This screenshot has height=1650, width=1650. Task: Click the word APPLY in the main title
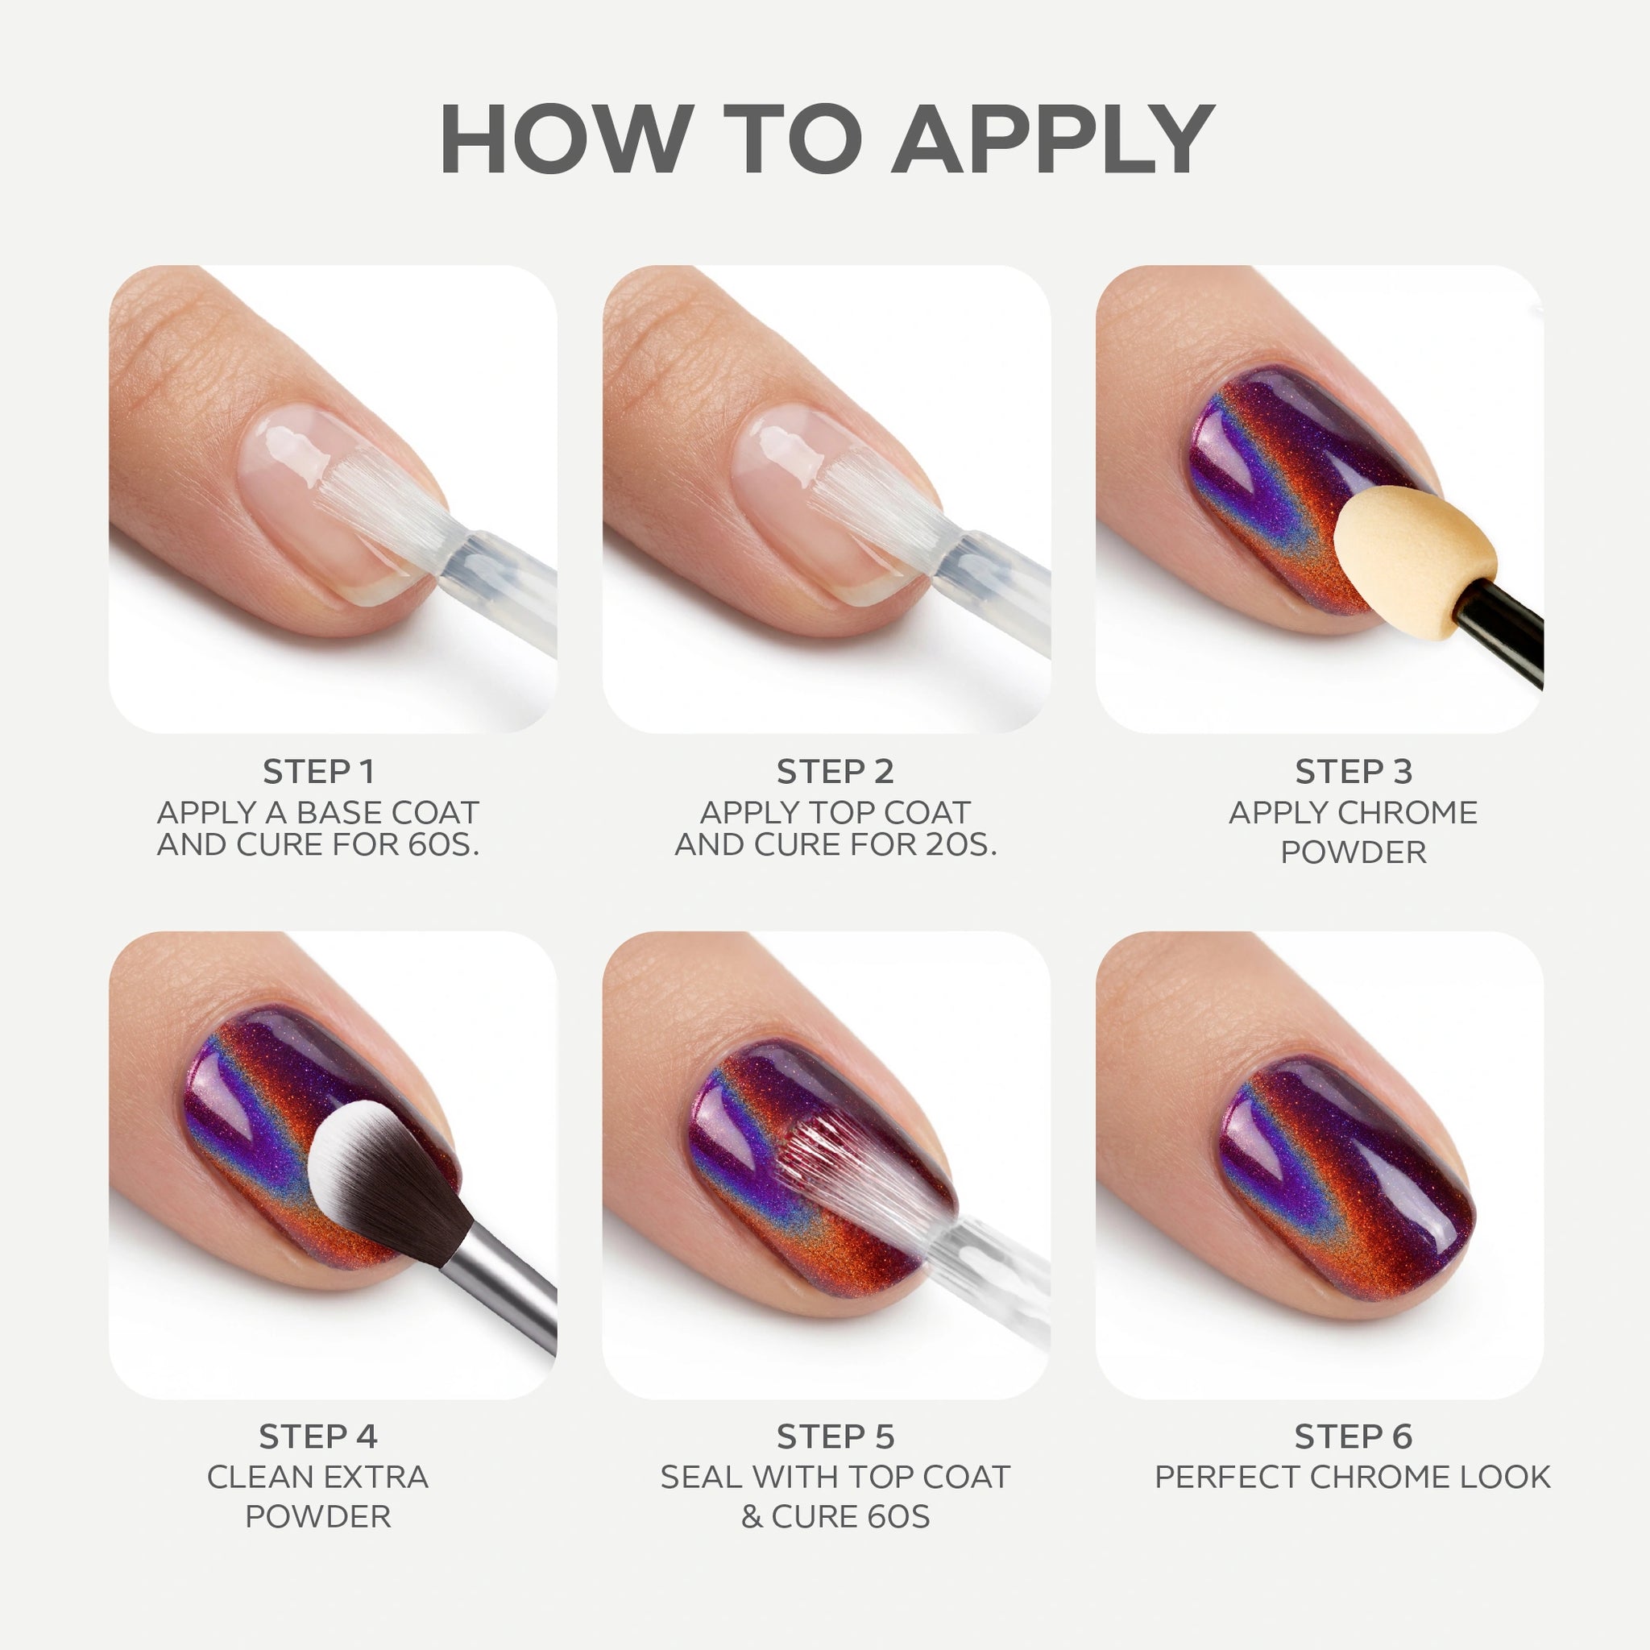pyautogui.click(x=1056, y=139)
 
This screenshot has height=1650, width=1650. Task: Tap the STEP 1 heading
pyautogui.click(x=318, y=772)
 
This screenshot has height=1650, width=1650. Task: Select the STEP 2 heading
pyautogui.click(x=835, y=772)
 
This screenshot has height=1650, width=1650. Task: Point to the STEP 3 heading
pyautogui.click(x=1354, y=772)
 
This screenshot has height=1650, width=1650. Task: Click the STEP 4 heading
pyautogui.click(x=317, y=1437)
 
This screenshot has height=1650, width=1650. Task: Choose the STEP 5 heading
pyautogui.click(x=835, y=1437)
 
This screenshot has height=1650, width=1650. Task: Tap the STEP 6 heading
pyautogui.click(x=1354, y=1437)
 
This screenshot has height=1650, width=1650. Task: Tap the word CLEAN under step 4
pyautogui.click(x=257, y=1478)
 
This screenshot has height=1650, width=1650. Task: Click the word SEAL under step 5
pyautogui.click(x=697, y=1478)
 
